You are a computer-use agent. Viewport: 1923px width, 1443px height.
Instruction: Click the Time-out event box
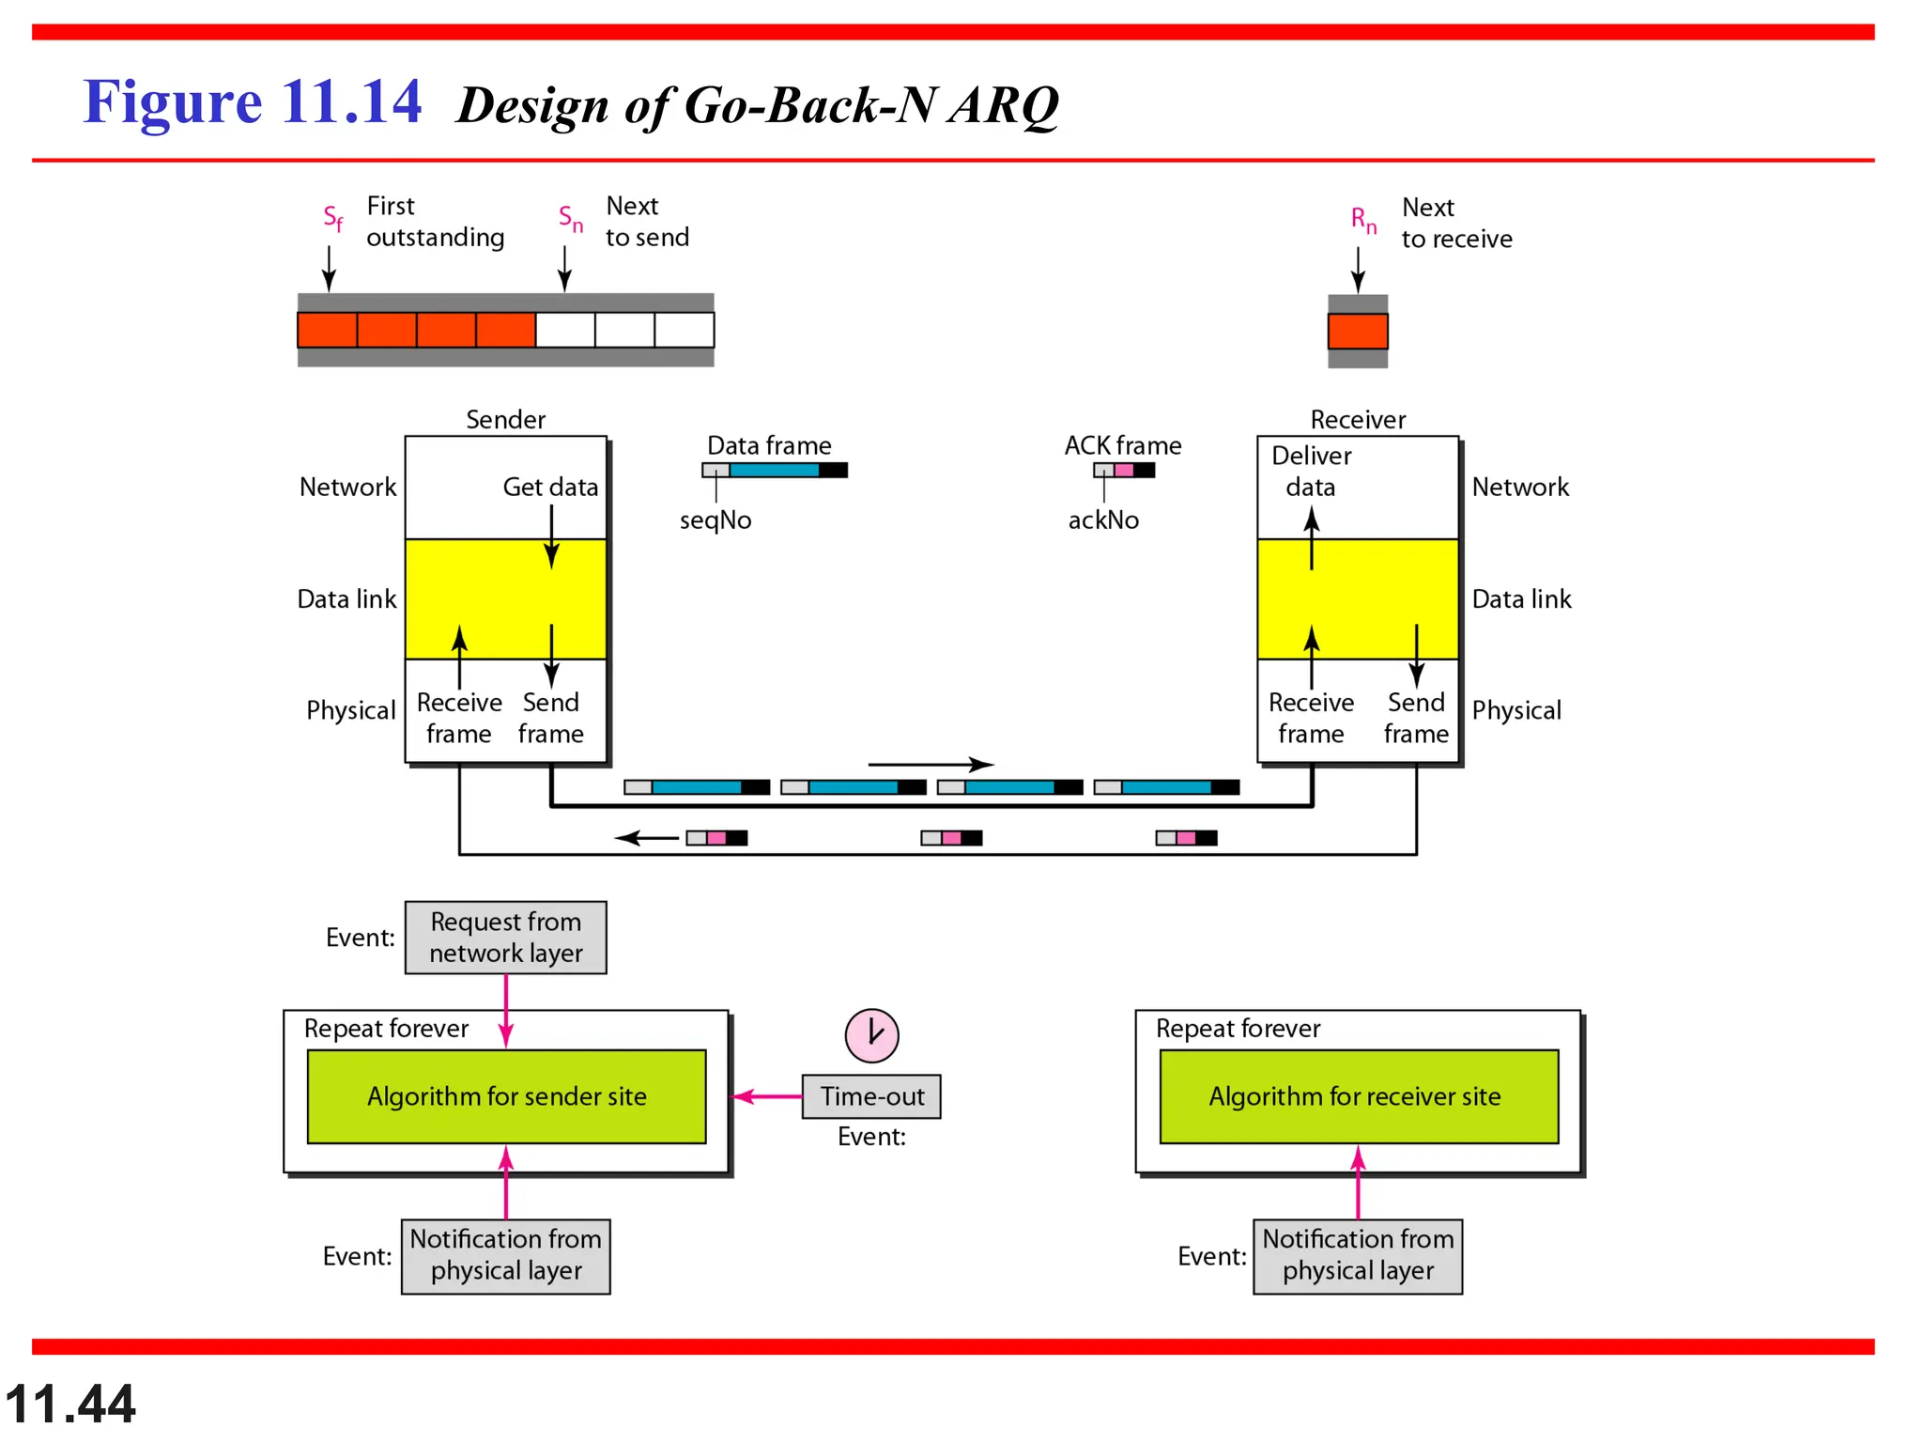(870, 1096)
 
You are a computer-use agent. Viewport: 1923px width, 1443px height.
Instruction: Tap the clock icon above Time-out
(871, 1035)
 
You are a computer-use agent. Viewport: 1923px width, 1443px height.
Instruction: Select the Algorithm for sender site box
(506, 1096)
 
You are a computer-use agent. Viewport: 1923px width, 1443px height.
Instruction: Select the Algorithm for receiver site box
(1358, 1096)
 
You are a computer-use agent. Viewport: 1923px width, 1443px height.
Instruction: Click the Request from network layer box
(505, 938)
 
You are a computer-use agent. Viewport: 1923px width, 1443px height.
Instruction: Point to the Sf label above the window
(332, 218)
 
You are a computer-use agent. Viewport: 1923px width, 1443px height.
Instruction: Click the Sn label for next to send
(570, 219)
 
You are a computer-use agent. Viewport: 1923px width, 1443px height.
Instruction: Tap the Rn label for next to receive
(1362, 220)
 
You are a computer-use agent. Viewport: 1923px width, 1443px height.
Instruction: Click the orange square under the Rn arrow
(1357, 331)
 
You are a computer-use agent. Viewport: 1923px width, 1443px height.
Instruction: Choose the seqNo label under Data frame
(715, 520)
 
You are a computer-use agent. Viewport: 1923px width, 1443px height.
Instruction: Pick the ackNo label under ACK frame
(1102, 520)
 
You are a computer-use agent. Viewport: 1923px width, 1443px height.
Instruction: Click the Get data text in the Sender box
(549, 487)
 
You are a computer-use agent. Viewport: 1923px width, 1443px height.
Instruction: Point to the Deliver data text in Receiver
(1311, 471)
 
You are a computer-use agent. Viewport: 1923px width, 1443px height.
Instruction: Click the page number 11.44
(70, 1404)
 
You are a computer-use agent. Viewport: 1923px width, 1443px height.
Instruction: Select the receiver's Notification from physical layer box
(1357, 1255)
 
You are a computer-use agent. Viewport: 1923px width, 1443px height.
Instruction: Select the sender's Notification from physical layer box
(505, 1255)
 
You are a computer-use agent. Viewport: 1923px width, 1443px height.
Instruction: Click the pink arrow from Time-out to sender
(766, 1096)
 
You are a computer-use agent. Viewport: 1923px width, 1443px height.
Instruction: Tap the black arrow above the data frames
(930, 764)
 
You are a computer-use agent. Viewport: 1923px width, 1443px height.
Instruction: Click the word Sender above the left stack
(505, 419)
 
